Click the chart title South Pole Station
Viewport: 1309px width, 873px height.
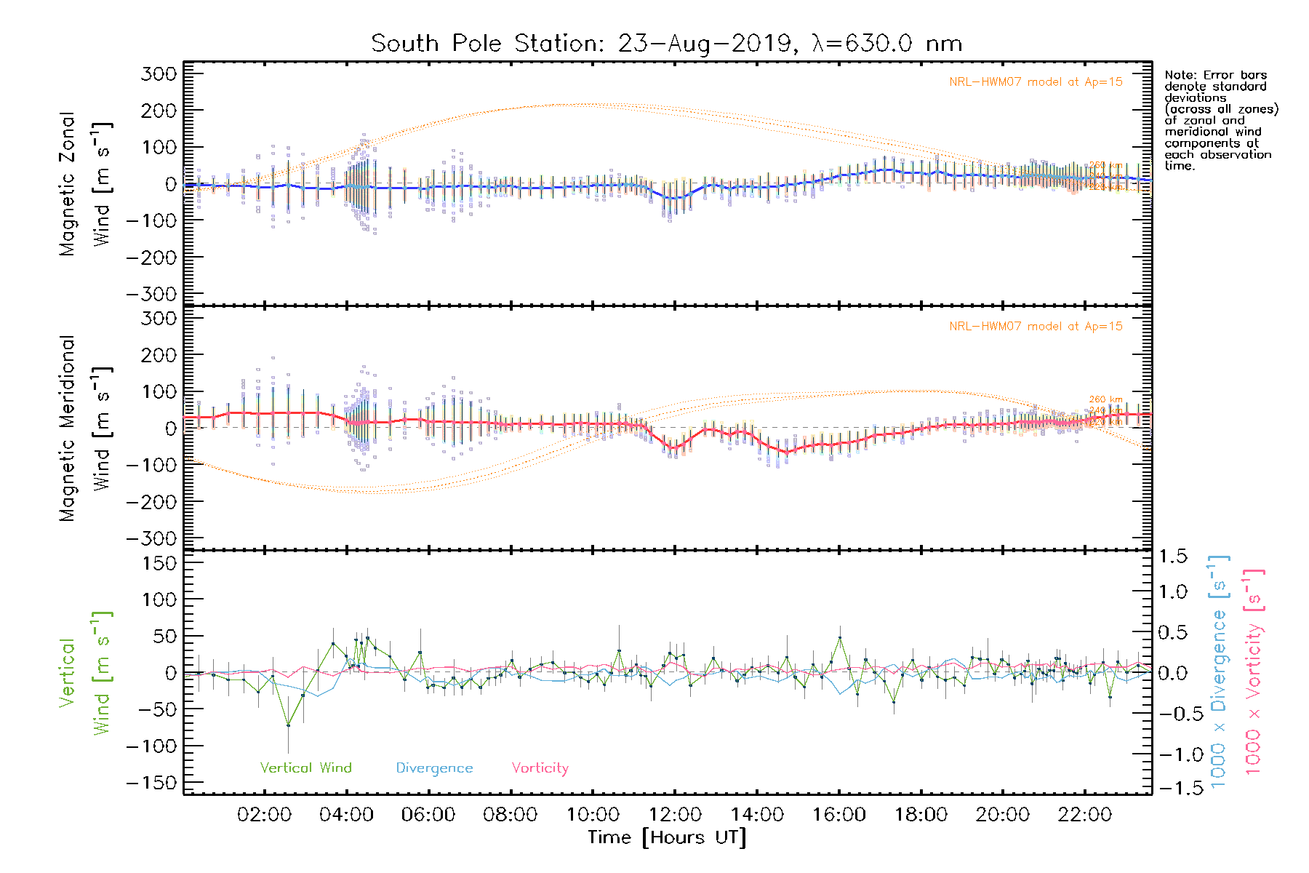pyautogui.click(x=666, y=44)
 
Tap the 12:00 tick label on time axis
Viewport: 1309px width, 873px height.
pyautogui.click(x=675, y=815)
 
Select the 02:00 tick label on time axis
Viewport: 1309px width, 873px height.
pyautogui.click(x=265, y=815)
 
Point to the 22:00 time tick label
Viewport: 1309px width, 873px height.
pyautogui.click(x=1085, y=815)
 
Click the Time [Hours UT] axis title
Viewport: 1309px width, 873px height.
pyautogui.click(x=667, y=837)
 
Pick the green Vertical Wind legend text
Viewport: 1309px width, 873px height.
pyautogui.click(x=305, y=768)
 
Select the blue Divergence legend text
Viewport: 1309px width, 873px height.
pyautogui.click(x=434, y=768)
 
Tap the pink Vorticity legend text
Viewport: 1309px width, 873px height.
pyautogui.click(x=540, y=768)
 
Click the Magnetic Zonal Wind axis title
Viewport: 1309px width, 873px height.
pyautogui.click(x=86, y=183)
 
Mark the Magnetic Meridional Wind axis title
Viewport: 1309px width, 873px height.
pyautogui.click(x=86, y=428)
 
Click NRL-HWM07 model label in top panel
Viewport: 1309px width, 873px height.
pyautogui.click(x=1036, y=82)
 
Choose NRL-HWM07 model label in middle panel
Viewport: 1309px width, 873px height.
pyautogui.click(x=1036, y=327)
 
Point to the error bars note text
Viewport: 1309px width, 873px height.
pyautogui.click(x=1220, y=120)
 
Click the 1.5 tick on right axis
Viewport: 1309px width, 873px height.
pyautogui.click(x=1172, y=557)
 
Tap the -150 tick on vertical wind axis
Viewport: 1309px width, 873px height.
pyautogui.click(x=151, y=783)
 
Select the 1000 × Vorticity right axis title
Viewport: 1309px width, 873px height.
pyautogui.click(x=1253, y=671)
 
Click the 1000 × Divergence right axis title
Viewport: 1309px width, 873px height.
pyautogui.click(x=1218, y=671)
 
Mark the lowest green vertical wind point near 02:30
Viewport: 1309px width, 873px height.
pyautogui.click(x=288, y=725)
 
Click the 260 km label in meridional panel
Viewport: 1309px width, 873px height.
pyautogui.click(x=1105, y=399)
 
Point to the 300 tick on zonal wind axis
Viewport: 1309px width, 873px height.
pyautogui.click(x=159, y=73)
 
